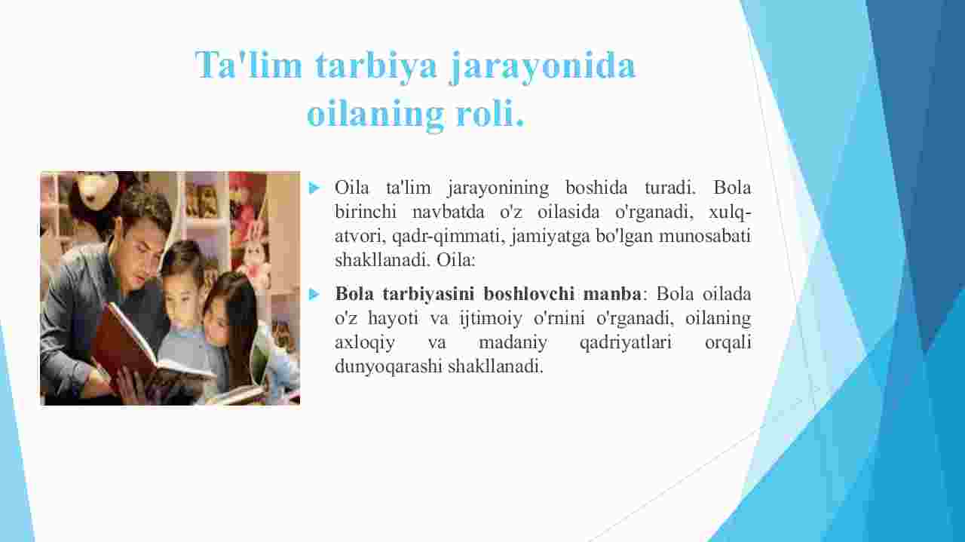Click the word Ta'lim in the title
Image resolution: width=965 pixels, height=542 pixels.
click(249, 65)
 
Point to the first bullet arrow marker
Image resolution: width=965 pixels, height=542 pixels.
click(314, 188)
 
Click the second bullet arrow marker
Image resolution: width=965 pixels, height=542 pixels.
click(314, 294)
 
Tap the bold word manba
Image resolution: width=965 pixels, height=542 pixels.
click(612, 294)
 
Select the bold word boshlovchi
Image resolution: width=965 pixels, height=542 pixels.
click(529, 294)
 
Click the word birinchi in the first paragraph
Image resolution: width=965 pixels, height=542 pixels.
click(366, 212)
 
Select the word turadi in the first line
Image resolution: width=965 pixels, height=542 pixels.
click(669, 188)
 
